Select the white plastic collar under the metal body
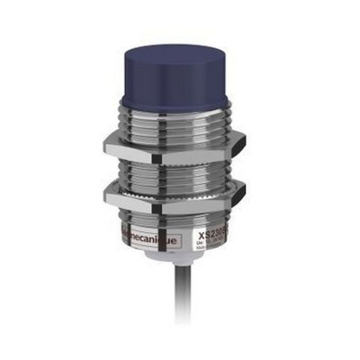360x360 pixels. pyautogui.click(x=180, y=259)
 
